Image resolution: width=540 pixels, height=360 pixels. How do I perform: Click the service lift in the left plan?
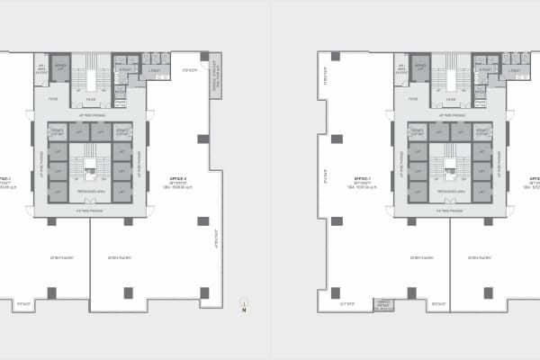point(62,69)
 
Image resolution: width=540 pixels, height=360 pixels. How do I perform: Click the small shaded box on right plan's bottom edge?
point(384,304)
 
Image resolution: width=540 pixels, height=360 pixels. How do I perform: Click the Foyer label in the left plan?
point(53,99)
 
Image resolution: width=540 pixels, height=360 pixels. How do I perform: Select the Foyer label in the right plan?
point(413,99)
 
